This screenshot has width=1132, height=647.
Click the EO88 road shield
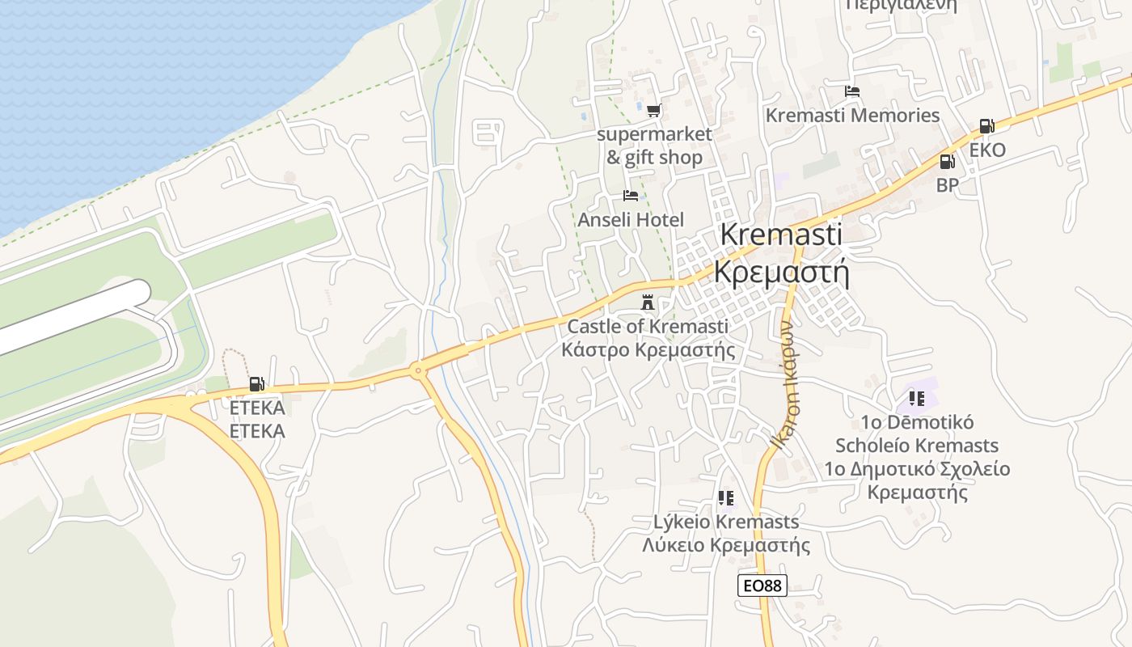(x=762, y=586)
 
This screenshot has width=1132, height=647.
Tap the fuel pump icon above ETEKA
(x=256, y=384)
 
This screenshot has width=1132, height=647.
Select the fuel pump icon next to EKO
(x=986, y=126)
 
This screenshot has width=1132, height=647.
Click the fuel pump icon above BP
(x=947, y=162)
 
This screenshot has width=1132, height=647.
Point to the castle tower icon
(x=648, y=302)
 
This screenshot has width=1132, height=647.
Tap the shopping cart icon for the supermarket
(x=653, y=110)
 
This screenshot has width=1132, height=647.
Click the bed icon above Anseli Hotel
(x=631, y=196)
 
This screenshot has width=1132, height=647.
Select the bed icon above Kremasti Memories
(x=851, y=91)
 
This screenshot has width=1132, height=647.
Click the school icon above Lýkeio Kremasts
(x=725, y=498)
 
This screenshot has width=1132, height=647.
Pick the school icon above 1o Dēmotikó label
(x=916, y=398)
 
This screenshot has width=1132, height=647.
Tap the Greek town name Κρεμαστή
(x=781, y=273)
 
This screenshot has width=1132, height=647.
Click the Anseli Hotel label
(x=631, y=220)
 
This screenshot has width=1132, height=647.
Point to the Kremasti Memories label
(x=852, y=116)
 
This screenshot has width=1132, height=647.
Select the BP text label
(x=947, y=185)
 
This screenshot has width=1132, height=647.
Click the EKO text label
(x=987, y=150)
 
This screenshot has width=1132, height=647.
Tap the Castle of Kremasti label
(x=648, y=327)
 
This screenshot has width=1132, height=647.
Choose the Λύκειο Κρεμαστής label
(x=725, y=545)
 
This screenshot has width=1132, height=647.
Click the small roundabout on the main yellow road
(x=417, y=371)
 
